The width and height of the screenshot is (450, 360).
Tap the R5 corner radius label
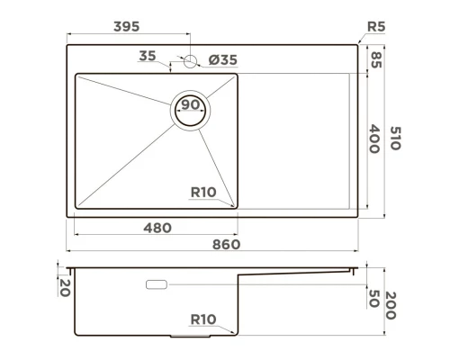click(x=375, y=28)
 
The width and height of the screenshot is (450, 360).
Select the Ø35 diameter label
click(x=222, y=60)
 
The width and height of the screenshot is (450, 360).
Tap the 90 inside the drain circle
click(x=191, y=105)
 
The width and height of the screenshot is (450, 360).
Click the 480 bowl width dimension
click(x=157, y=228)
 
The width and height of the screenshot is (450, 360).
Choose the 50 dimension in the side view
click(x=374, y=298)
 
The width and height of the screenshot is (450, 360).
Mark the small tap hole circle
click(x=190, y=61)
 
